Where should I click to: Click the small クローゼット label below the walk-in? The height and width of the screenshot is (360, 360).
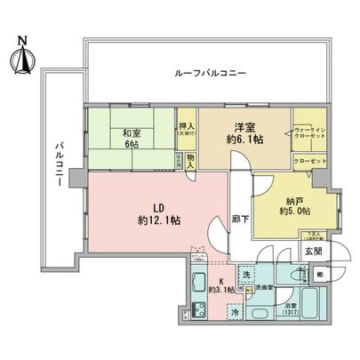(x=312, y=160)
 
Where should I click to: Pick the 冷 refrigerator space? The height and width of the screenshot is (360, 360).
(x=234, y=312)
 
